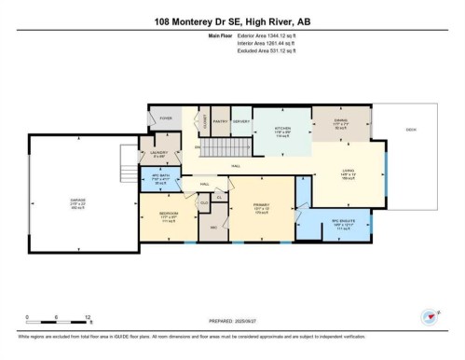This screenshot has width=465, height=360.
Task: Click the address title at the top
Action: point(232,20)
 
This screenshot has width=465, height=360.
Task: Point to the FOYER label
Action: point(166,118)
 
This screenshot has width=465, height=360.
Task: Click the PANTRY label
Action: point(220,121)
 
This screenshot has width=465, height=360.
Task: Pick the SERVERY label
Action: point(242,121)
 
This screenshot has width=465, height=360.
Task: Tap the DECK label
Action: point(410,129)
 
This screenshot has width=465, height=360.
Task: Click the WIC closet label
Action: point(213,226)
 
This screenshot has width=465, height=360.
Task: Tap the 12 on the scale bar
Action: point(87,317)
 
